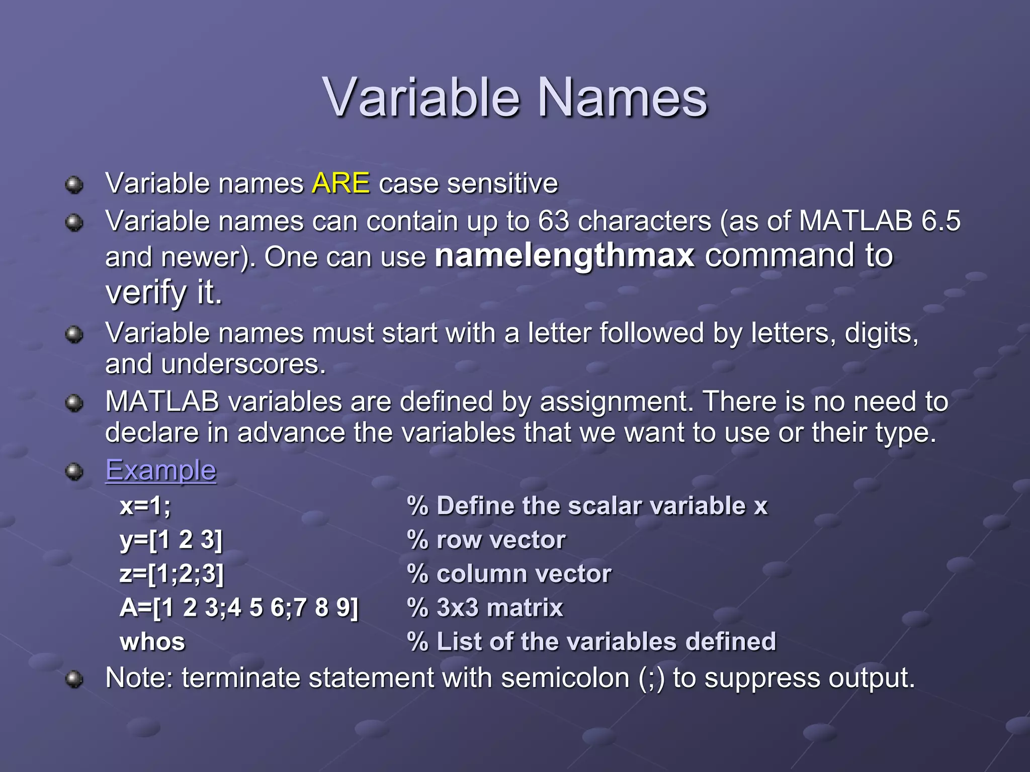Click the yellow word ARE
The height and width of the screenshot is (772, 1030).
point(340,183)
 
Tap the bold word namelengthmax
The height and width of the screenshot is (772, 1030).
point(564,255)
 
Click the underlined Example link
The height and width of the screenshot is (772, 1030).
point(160,470)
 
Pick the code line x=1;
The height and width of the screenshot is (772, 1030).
point(145,506)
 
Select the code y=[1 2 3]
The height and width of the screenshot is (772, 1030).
point(171,540)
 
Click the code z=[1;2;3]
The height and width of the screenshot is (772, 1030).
point(171,573)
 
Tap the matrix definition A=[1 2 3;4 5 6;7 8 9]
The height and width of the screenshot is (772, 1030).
point(239,608)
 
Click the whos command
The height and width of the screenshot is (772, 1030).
point(152,642)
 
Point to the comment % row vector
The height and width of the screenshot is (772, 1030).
point(486,540)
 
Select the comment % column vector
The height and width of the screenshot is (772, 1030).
point(509,573)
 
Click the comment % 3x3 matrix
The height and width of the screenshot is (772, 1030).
point(485,608)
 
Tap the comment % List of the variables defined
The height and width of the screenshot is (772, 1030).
point(591,642)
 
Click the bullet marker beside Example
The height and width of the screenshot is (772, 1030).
point(74,471)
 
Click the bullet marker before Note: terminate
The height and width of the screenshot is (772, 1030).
point(74,679)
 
